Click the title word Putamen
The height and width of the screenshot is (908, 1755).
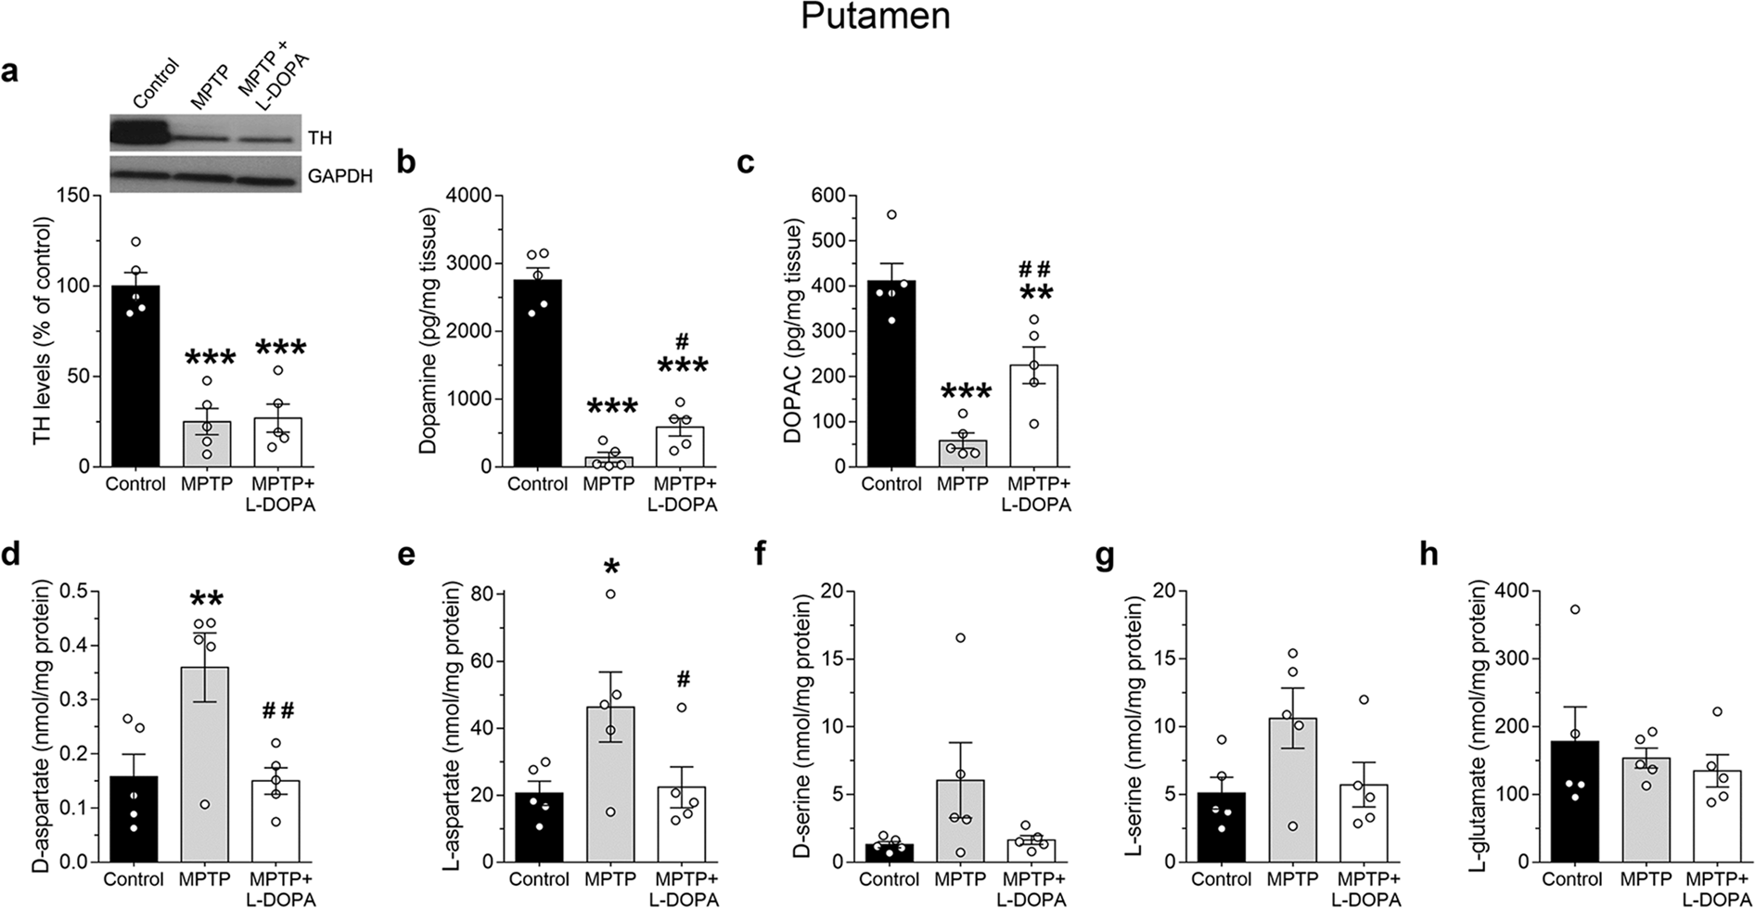pyautogui.click(x=876, y=17)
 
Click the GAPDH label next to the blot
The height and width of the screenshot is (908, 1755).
pyautogui.click(x=340, y=175)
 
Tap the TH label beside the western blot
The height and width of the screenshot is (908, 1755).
pyautogui.click(x=320, y=137)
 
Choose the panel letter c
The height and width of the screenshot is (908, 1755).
pyautogui.click(x=744, y=161)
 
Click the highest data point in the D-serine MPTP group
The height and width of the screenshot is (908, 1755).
pyautogui.click(x=960, y=637)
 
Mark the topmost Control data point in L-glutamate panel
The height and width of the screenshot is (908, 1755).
pyautogui.click(x=1575, y=609)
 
